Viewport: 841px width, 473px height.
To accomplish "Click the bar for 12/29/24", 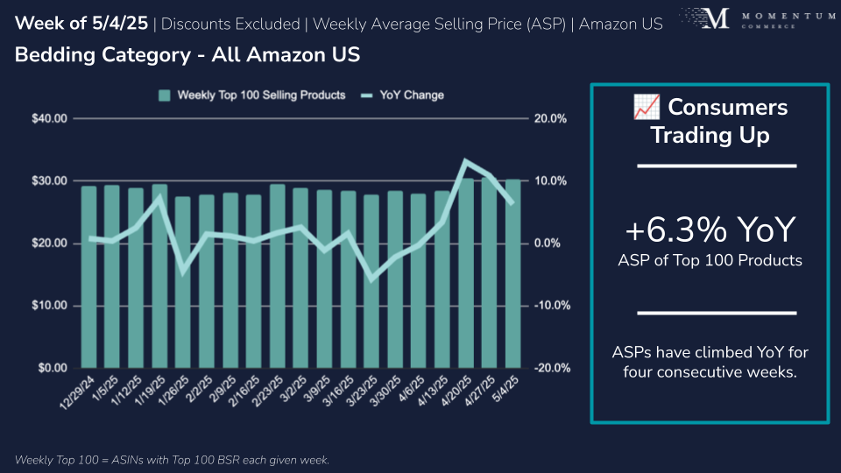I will (88, 277).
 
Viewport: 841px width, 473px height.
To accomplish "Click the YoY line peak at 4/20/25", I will (466, 160).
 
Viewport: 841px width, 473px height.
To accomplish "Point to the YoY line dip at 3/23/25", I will (371, 279).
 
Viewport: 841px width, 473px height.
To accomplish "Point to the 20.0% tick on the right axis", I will (551, 118).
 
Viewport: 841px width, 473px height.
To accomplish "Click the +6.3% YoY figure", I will (710, 230).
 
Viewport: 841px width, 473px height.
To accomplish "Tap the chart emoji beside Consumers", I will (646, 108).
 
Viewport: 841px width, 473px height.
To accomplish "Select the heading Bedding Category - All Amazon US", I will (187, 54).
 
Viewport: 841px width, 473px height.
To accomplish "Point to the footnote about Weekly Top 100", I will (172, 460).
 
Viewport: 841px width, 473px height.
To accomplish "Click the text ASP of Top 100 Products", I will (710, 259).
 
